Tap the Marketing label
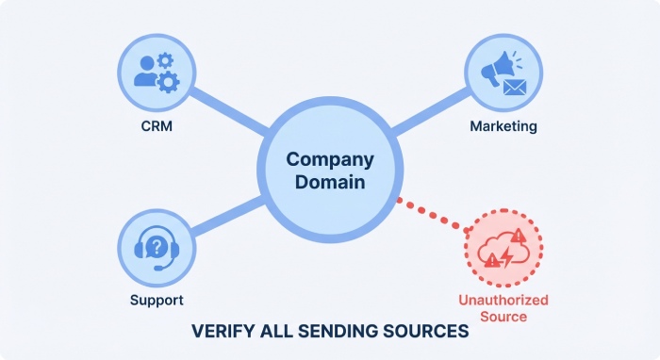503,125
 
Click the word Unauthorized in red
503,300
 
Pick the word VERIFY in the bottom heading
222,332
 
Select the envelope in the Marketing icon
514,88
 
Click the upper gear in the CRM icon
167,60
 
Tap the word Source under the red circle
503,317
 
